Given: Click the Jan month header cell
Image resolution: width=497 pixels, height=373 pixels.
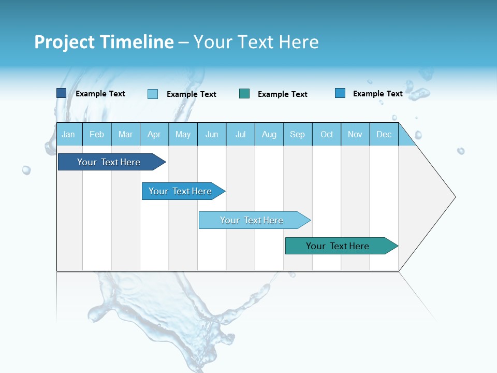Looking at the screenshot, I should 68,134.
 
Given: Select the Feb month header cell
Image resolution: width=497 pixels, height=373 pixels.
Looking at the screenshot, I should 97,134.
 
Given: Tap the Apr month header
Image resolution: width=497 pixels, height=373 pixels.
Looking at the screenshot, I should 154,134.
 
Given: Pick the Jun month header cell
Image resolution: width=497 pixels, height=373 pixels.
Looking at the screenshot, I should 212,134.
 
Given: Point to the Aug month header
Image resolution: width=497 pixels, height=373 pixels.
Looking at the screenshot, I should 269,134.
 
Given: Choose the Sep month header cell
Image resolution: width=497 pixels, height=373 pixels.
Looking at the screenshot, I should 297,134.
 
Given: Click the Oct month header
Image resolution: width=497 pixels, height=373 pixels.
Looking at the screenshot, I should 327,134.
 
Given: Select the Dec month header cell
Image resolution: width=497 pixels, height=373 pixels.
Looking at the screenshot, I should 384,134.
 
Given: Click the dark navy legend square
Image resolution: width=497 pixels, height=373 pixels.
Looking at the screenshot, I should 61,93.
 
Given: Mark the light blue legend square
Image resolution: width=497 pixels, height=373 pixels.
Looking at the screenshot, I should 153,94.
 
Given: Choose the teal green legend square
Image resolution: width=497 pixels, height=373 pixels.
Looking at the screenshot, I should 244,93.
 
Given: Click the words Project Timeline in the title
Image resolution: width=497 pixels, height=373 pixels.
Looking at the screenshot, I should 104,42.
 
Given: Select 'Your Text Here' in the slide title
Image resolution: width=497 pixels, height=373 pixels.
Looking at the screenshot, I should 256,42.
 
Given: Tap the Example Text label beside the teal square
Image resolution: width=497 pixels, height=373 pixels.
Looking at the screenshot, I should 283,94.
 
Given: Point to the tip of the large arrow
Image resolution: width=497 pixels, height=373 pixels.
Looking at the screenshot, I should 454,197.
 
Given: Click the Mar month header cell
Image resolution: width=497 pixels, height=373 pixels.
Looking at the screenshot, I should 125,134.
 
